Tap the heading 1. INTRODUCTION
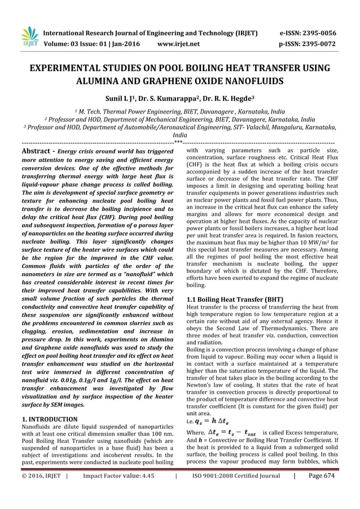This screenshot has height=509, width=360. pyautogui.click(x=49, y=419)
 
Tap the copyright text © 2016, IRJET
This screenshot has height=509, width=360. pyautogui.click(x=39, y=492)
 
